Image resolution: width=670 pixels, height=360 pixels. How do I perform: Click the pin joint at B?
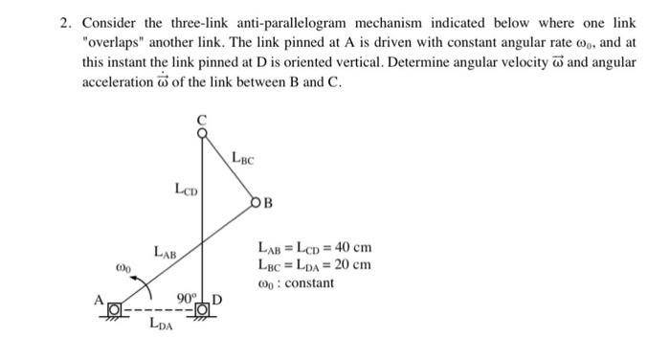pos(256,202)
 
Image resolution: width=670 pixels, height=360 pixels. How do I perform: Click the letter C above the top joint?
pos(201,120)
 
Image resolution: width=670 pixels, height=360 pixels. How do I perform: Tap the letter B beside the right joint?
pos(269,203)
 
